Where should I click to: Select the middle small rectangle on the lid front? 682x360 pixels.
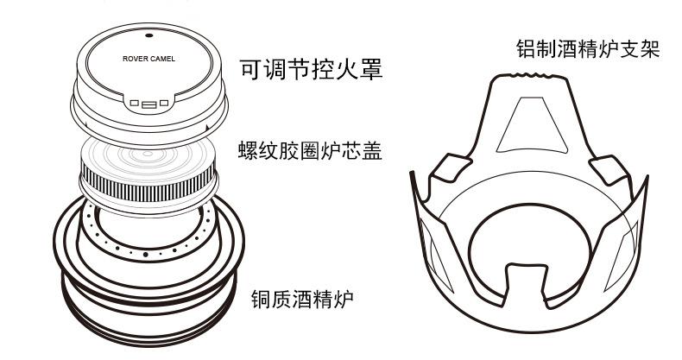148,104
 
